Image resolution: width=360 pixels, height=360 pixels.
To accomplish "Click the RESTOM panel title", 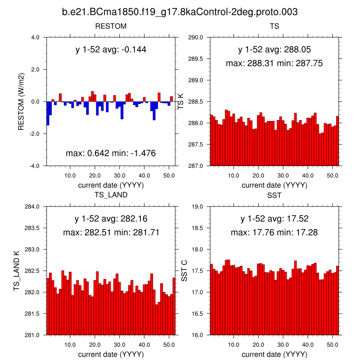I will tap(111, 26).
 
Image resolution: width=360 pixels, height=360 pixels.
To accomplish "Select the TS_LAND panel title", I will tap(111, 195).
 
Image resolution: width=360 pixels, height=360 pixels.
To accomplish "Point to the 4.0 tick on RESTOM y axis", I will tap(35, 37).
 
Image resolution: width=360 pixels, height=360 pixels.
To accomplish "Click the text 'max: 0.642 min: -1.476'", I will tap(111, 153).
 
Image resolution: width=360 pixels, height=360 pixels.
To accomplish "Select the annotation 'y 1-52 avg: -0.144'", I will tap(111, 49).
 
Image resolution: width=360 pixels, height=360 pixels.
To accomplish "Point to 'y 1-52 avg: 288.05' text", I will tap(274, 49).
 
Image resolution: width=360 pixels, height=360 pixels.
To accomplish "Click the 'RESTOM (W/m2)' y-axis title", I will tap(21, 102).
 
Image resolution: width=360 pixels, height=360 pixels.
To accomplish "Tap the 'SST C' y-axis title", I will tap(184, 271).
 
